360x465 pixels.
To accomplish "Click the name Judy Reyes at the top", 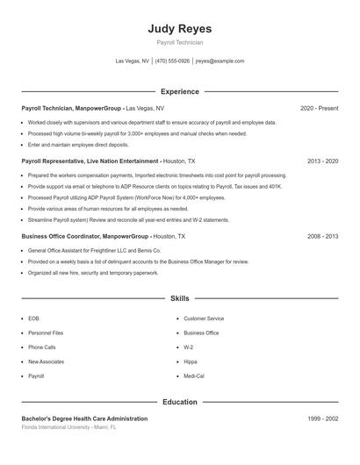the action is click(179, 29).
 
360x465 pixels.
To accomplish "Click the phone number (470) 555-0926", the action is click(172, 61).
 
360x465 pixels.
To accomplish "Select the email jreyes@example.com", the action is click(220, 61).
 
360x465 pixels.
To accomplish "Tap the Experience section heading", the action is click(179, 91).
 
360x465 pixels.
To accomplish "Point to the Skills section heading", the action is click(179, 299).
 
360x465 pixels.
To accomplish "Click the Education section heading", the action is click(179, 402).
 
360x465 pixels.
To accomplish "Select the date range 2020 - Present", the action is click(319, 108).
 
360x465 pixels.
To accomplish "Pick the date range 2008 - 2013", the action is click(322, 237).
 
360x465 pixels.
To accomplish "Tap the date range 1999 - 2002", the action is click(322, 419).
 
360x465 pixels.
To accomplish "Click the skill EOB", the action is click(33, 318).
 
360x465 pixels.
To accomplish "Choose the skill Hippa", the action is click(190, 361).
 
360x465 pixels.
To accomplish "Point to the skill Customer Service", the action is click(204, 318).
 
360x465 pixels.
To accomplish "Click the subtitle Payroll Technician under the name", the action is click(179, 42).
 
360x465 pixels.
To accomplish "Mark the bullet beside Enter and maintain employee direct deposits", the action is click(23, 144).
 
